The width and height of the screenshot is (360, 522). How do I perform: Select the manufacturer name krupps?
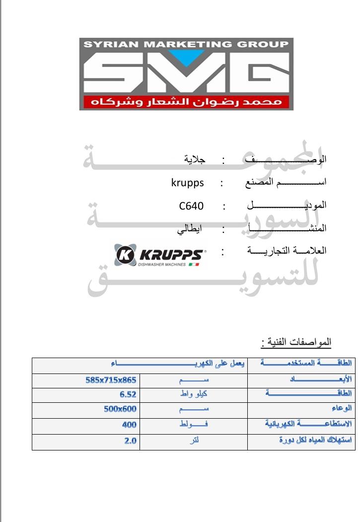[x=187, y=183]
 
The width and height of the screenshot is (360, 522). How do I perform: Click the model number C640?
[x=192, y=206]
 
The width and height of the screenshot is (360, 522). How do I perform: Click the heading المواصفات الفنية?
[x=296, y=343]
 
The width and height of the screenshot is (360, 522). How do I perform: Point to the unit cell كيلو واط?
[x=194, y=395]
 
